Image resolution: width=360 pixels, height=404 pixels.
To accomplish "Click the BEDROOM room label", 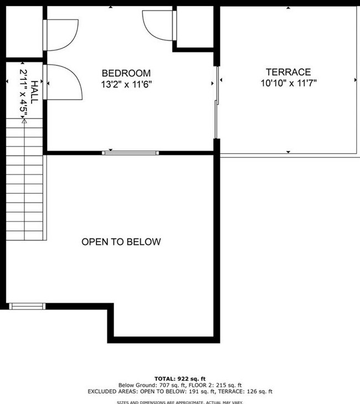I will [126, 73].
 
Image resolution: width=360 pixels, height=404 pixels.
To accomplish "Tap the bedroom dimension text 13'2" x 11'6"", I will [126, 85].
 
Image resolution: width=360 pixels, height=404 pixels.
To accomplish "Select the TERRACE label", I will [288, 72].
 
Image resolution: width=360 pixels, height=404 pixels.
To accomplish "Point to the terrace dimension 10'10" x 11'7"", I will [288, 84].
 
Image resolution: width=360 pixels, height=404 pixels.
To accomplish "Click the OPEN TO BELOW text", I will [121, 242].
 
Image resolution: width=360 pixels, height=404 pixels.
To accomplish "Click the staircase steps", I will [24, 183].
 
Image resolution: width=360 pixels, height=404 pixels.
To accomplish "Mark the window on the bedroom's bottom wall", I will [131, 152].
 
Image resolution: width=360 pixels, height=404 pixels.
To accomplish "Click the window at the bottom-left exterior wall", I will [28, 305].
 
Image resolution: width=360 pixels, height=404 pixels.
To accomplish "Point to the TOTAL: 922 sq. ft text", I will [179, 378].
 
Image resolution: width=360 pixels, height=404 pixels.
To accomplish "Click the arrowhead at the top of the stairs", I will [24, 123].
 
